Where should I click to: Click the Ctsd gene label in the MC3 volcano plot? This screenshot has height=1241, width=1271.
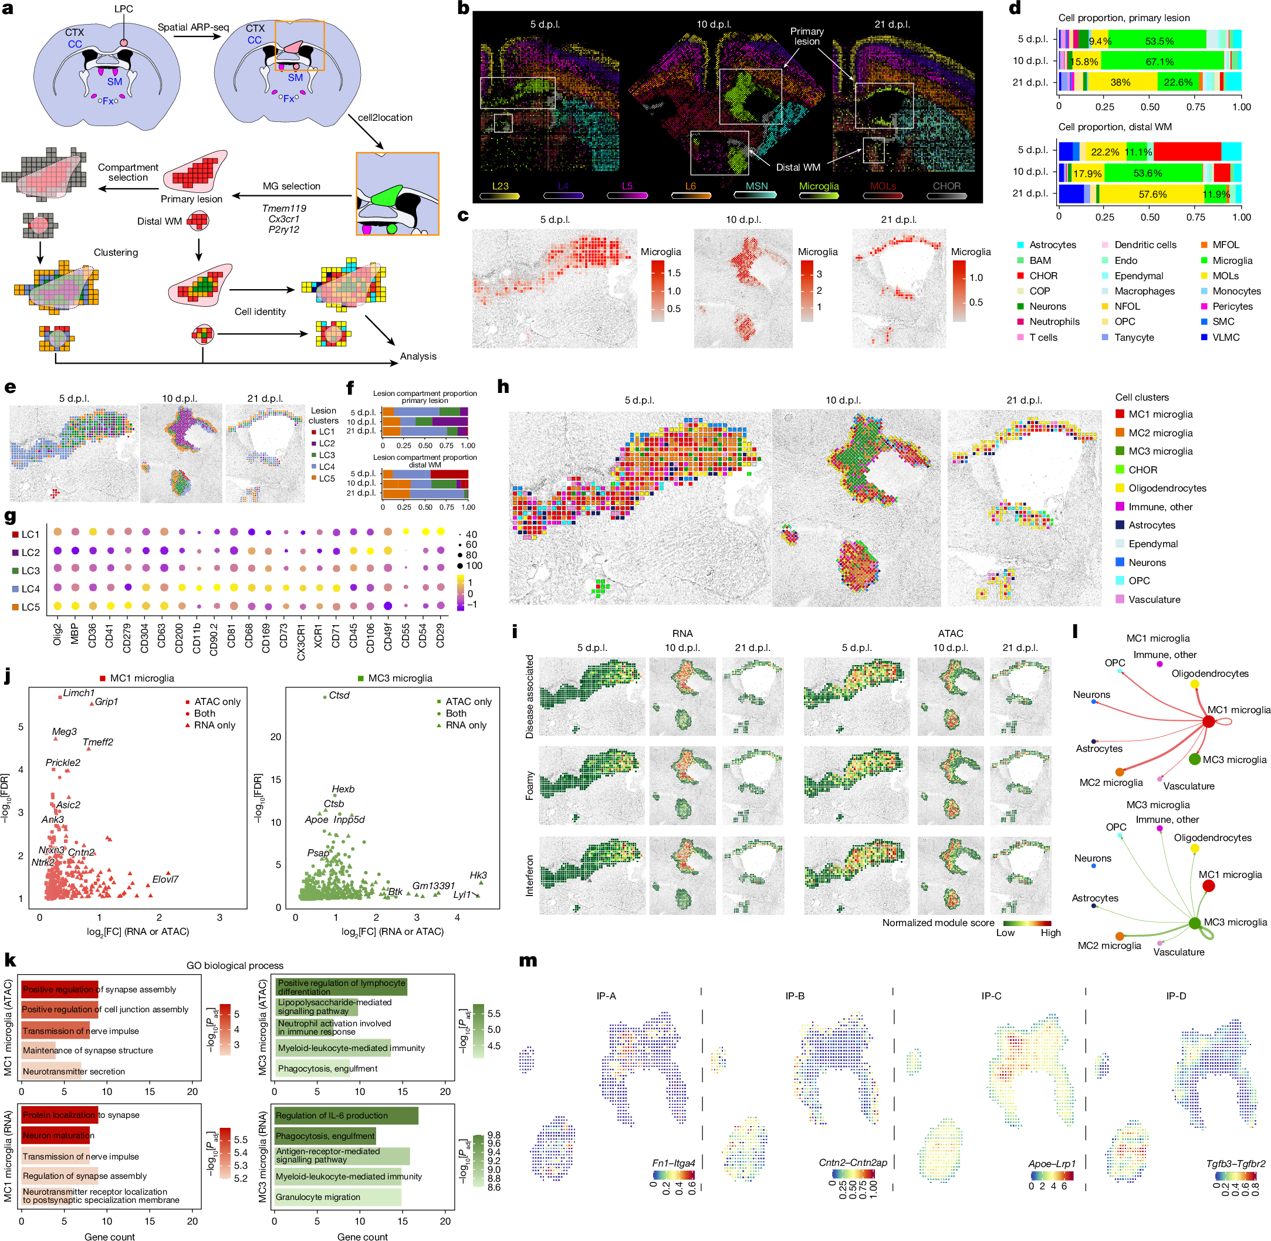[339, 696]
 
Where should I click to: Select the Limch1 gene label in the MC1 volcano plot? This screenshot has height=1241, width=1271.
[79, 693]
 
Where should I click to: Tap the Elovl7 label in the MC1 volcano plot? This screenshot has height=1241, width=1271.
[165, 879]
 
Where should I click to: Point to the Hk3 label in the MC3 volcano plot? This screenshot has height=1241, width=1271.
[478, 876]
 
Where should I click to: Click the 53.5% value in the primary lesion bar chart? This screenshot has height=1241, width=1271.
[1159, 41]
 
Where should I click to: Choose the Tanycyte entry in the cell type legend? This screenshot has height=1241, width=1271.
[1134, 337]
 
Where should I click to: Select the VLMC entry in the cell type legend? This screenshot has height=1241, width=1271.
[1225, 337]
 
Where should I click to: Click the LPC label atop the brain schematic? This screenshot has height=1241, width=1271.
[123, 9]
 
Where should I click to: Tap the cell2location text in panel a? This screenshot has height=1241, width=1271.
[385, 117]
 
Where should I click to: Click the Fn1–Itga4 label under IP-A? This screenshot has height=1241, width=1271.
[673, 1163]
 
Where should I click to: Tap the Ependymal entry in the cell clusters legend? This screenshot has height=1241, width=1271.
[1153, 544]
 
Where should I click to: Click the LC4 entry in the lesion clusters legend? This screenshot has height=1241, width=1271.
[326, 467]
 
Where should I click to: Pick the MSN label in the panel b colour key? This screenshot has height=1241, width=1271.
[756, 187]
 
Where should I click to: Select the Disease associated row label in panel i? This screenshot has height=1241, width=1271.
[529, 696]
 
